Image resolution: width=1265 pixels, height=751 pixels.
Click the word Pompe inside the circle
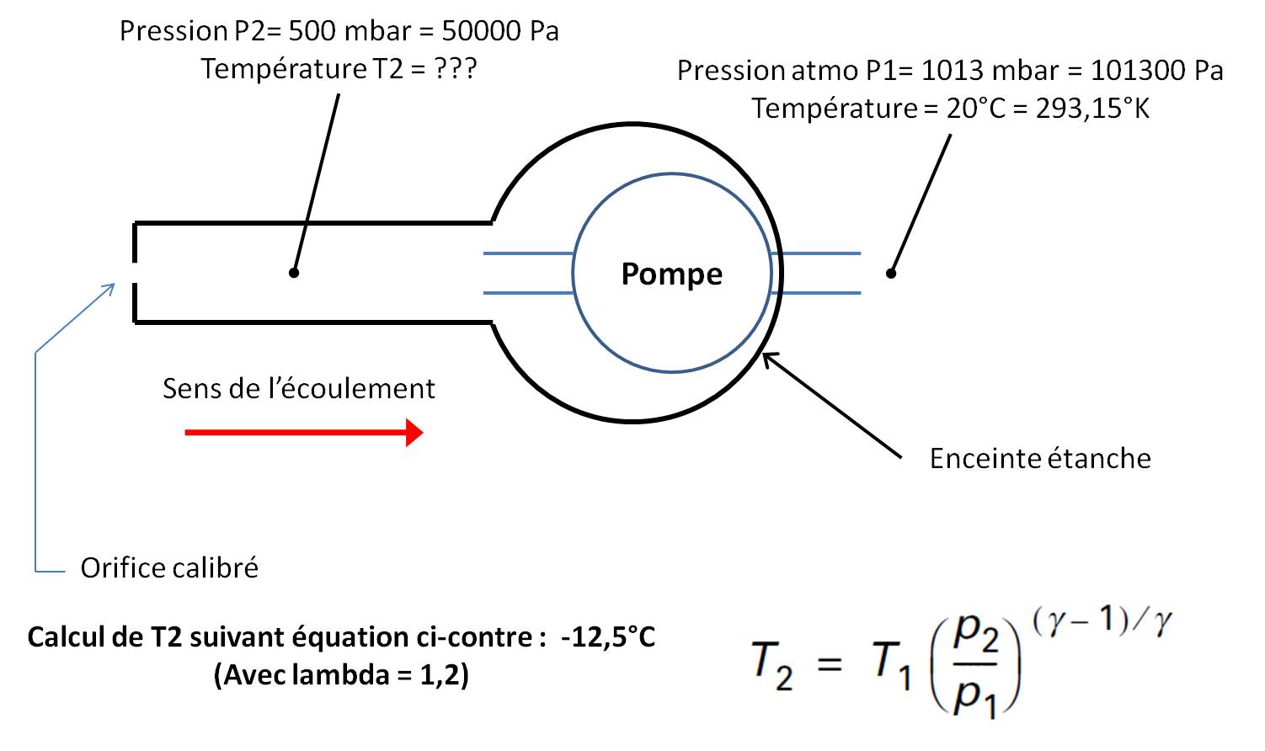(671, 274)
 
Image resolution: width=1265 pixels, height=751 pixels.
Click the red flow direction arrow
(303, 432)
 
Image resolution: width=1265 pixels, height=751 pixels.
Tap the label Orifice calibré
(169, 567)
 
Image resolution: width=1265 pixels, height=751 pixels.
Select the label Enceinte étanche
(1040, 458)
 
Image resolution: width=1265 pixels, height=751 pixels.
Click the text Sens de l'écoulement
(298, 388)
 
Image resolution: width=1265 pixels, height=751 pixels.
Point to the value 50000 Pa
(500, 31)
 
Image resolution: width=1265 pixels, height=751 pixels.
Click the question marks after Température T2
(456, 68)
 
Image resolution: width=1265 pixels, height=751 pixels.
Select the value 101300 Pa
(1156, 70)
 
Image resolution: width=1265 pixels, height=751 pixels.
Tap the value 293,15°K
(1092, 109)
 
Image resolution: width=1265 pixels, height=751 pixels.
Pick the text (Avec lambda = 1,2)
(341, 674)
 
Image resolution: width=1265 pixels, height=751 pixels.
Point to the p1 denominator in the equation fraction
(975, 697)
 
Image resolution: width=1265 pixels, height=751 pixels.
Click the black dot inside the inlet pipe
(293, 272)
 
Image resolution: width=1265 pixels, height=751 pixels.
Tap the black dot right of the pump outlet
(891, 272)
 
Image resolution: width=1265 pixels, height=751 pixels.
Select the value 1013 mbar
(989, 70)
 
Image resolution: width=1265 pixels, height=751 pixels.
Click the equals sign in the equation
(830, 663)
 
